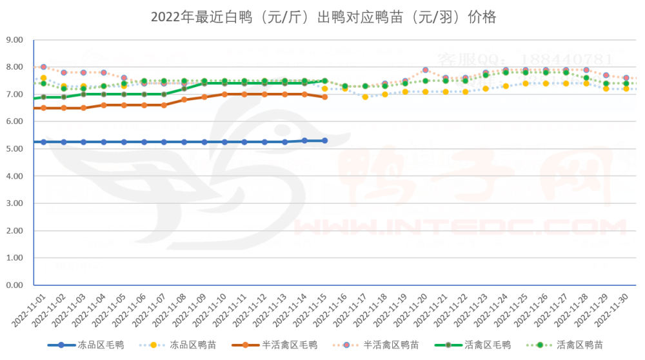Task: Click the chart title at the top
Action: click(323, 17)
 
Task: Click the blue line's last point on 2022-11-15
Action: click(325, 141)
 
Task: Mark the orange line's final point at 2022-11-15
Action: click(325, 97)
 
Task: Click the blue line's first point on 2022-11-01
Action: click(44, 142)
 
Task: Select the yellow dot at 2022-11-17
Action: click(365, 97)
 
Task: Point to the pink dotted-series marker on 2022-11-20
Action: click(426, 70)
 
